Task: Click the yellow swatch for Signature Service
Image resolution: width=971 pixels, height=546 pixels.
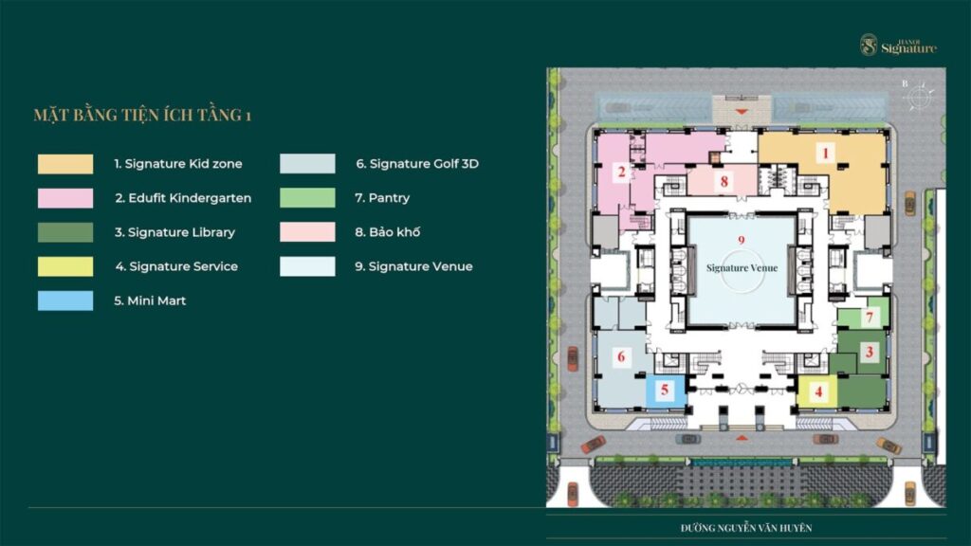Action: point(65,266)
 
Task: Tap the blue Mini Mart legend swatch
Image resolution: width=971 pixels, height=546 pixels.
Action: point(65,300)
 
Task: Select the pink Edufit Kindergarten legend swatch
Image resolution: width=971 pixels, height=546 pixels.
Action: point(65,198)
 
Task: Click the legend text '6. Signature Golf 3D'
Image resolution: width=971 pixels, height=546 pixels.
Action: point(417,164)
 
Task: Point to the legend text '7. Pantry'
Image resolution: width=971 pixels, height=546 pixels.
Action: point(382,198)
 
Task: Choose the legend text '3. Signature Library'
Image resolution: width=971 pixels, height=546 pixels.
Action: point(174,232)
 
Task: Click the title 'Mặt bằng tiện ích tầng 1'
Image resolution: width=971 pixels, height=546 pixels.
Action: point(142,115)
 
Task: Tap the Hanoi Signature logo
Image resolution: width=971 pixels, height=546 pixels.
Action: point(898,45)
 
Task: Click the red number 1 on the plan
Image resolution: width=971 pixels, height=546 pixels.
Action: point(824,153)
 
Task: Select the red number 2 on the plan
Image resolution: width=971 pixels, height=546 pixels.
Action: point(622,172)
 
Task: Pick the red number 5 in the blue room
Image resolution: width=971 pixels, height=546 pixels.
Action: point(665,390)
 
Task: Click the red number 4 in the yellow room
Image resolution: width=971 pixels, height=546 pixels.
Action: point(818,391)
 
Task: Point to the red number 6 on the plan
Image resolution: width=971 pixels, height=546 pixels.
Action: point(621,356)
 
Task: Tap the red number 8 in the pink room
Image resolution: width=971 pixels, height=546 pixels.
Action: point(724,181)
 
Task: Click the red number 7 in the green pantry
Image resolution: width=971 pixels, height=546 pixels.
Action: point(870,318)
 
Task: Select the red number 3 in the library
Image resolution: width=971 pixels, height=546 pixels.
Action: point(870,353)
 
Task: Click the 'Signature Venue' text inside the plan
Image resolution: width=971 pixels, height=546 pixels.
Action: point(742,268)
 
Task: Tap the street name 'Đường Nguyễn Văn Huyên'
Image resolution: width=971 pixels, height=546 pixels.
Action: point(746,528)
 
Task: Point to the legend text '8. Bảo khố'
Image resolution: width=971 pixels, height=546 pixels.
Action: point(388,232)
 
